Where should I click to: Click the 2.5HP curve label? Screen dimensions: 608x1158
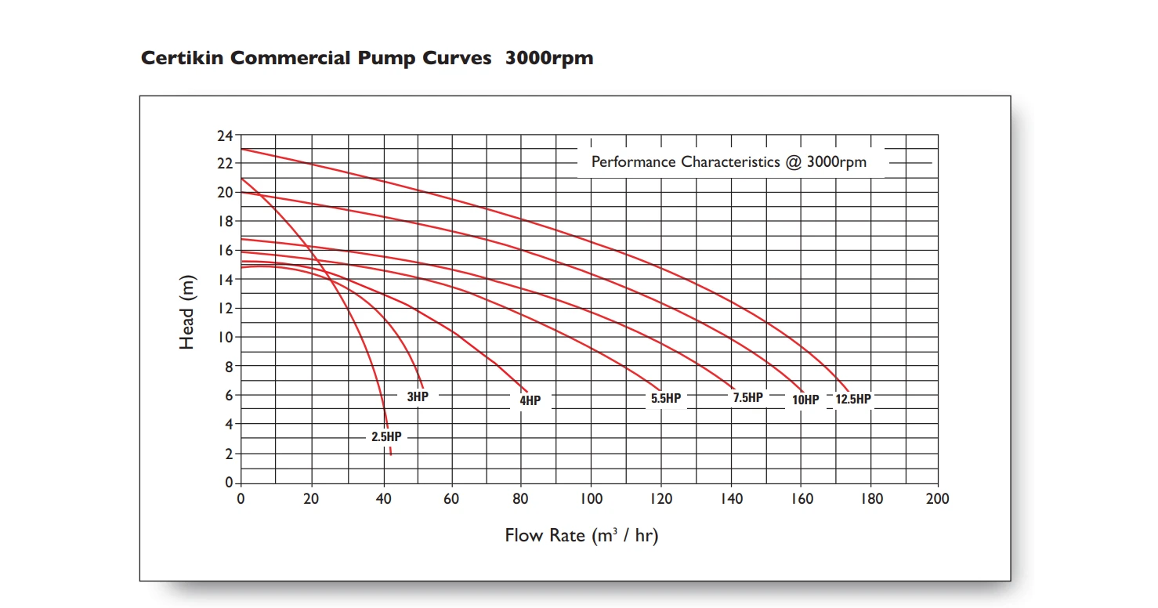click(386, 437)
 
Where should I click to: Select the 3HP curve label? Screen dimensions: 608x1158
click(418, 396)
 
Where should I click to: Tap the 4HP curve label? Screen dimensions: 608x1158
click(530, 401)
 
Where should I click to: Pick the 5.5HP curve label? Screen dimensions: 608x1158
click(666, 398)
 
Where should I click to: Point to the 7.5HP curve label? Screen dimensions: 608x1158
click(747, 397)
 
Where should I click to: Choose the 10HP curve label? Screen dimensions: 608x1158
click(805, 400)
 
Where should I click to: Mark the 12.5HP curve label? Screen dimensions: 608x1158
click(853, 399)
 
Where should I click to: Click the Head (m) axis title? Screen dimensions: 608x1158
click(186, 313)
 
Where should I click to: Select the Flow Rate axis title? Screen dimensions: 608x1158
click(581, 536)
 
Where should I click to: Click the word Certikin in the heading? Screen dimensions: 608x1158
click(182, 59)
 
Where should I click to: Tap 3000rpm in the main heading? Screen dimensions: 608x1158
click(549, 59)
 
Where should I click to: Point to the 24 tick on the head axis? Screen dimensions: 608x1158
click(225, 136)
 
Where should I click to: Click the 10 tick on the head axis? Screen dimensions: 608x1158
click(225, 337)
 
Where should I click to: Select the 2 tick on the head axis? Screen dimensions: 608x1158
click(228, 454)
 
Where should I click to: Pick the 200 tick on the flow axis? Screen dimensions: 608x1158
click(937, 499)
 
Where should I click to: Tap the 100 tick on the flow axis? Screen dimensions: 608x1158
click(591, 499)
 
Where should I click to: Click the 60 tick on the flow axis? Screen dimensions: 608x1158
click(451, 499)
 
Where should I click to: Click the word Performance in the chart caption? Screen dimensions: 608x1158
click(633, 162)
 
